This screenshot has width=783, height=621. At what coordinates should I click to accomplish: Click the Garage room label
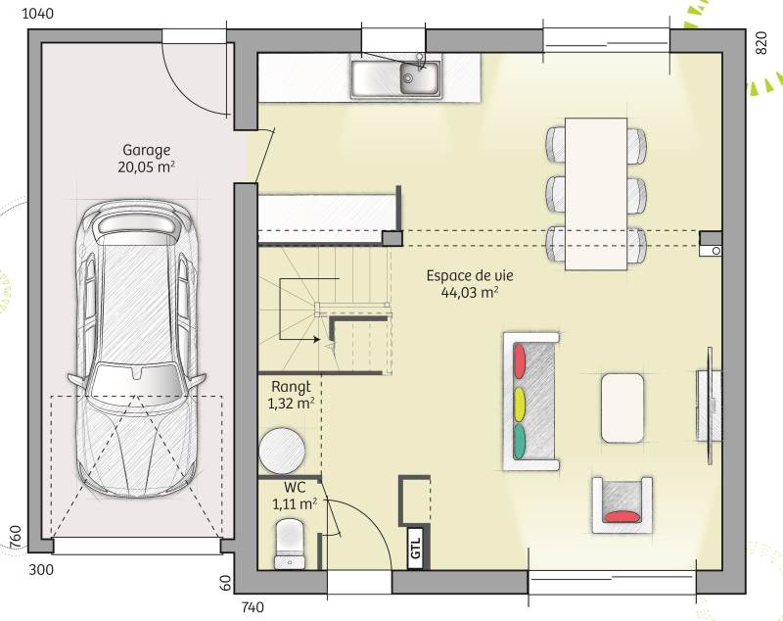click(x=146, y=151)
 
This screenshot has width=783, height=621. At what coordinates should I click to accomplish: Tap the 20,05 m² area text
click(x=146, y=167)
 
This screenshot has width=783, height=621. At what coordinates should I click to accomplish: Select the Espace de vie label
click(x=470, y=276)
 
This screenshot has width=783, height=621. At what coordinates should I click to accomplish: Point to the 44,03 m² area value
click(x=470, y=292)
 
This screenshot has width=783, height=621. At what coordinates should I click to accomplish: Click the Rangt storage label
click(x=291, y=387)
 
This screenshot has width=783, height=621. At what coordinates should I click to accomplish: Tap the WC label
click(x=295, y=487)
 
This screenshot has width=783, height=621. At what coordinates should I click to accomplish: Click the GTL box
click(x=416, y=549)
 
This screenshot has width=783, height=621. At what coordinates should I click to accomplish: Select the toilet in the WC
click(x=289, y=544)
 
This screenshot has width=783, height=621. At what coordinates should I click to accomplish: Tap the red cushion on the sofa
click(x=520, y=360)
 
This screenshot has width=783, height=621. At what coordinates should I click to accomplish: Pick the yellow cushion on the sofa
click(x=520, y=404)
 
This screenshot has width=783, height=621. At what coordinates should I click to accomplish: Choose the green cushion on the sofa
click(x=520, y=442)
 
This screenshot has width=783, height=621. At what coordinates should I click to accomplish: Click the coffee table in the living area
click(x=622, y=407)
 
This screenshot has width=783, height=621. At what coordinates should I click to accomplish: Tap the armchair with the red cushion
click(x=622, y=504)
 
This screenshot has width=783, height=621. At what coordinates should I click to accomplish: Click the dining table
click(x=596, y=194)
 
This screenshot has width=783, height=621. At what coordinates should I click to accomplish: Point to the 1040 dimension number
click(x=38, y=14)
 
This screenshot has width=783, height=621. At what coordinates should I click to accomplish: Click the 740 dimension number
click(x=253, y=607)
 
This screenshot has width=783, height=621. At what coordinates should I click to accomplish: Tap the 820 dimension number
click(x=760, y=43)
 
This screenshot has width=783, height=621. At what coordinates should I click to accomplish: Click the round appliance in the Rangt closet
click(x=282, y=451)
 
